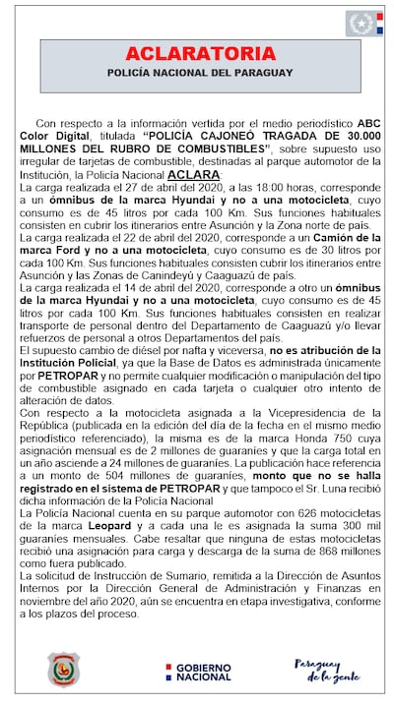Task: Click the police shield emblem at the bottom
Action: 63,669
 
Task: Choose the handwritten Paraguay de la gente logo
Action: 321,670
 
